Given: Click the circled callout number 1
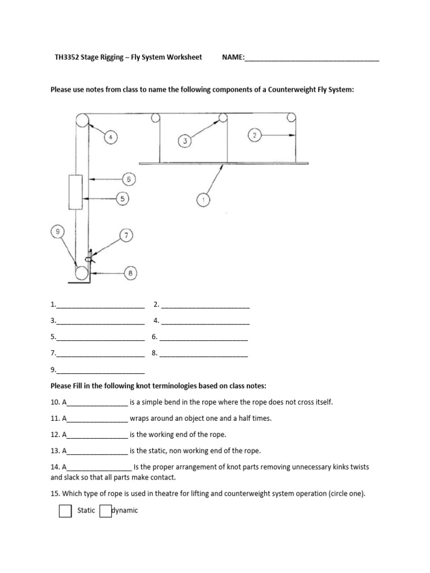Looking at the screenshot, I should tap(203, 199).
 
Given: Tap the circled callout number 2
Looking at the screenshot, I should tap(254, 135).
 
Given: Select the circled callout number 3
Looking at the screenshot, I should tap(185, 142).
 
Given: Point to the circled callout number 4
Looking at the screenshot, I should tap(111, 138).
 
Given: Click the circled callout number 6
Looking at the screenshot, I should tap(129, 179).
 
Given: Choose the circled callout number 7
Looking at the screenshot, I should tap(127, 236).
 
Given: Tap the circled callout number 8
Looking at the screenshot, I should tap(130, 274).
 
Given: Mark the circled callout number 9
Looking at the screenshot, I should tap(58, 231).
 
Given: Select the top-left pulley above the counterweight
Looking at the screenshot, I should tap(82, 120).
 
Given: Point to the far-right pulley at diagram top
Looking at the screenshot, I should tap(291, 118).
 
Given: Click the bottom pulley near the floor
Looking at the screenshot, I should tap(82, 273).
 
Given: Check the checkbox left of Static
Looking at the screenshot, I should tap(66, 511).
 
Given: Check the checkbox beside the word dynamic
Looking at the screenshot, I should tap(105, 511).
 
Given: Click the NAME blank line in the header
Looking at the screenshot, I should tap(312, 58).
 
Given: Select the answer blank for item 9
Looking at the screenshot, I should tap(100, 370).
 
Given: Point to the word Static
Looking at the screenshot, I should tap(86, 510).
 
